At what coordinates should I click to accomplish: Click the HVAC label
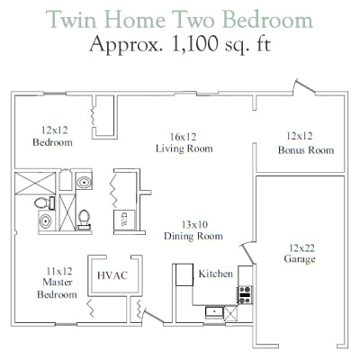coord(112,275)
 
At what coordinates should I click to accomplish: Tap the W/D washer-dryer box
coord(124,220)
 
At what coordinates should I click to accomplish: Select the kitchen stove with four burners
coord(245,295)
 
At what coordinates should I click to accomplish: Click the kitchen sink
coord(214,312)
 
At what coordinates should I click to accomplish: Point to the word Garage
coord(300,258)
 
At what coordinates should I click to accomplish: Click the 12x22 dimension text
coord(301,247)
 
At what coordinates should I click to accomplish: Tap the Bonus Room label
coord(306,149)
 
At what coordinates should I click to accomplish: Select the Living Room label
coord(184,148)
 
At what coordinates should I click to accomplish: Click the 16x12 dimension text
coord(183,137)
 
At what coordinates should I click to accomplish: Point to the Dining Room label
coord(193,236)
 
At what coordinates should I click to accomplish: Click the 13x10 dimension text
coord(194,224)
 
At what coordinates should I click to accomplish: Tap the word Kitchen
coord(216,274)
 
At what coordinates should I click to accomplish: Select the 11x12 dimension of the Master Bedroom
coord(59,271)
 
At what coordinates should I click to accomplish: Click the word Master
coord(58,282)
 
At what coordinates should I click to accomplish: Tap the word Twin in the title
coord(71,19)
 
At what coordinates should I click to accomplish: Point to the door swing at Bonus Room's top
coord(303,86)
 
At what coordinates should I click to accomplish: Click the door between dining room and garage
coord(248,253)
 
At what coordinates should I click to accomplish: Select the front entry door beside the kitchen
coord(152,316)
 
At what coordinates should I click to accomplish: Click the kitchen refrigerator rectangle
coord(184,274)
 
